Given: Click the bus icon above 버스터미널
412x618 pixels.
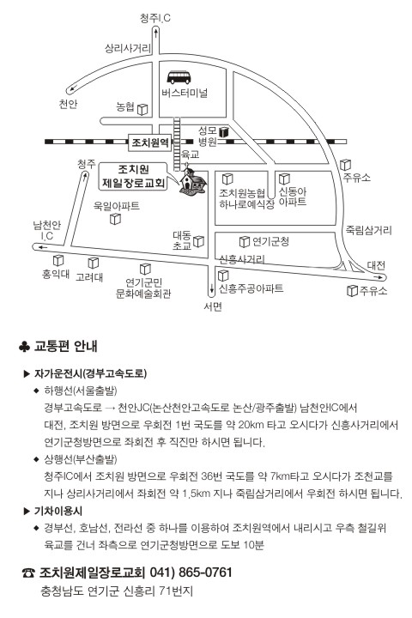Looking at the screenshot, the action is coord(179,77).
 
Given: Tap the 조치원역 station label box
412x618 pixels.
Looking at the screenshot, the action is coord(150,142).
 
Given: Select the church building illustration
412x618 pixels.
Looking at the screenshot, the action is coord(193,182).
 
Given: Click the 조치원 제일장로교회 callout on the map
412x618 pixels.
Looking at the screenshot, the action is coord(134,176).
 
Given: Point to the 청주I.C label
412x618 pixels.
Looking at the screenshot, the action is coord(155,18).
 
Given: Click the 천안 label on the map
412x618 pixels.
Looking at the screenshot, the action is coord(68,104).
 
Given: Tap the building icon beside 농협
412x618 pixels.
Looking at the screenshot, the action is coord(142,109).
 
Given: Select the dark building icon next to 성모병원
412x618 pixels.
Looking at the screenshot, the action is coord(223,132).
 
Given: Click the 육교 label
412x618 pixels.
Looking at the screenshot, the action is coord(190,154).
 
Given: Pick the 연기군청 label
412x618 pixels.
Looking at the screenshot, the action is coord(270,241).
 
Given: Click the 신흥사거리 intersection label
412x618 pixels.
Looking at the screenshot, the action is coord(242,259).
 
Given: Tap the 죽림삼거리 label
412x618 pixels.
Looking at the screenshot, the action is coord(368,230).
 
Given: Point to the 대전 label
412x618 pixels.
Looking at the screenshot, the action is coord(376,265).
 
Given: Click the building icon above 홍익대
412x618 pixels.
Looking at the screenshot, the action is coord(58,260).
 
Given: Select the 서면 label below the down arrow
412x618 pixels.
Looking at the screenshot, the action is coord(213,306).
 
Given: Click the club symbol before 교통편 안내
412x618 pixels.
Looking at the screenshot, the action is coord(24,347).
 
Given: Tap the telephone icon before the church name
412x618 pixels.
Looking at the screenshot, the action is coord(28,573).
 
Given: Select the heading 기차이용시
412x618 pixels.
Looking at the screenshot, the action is coord(58,512).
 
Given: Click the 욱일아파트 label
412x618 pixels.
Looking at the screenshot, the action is coord(117,206).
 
